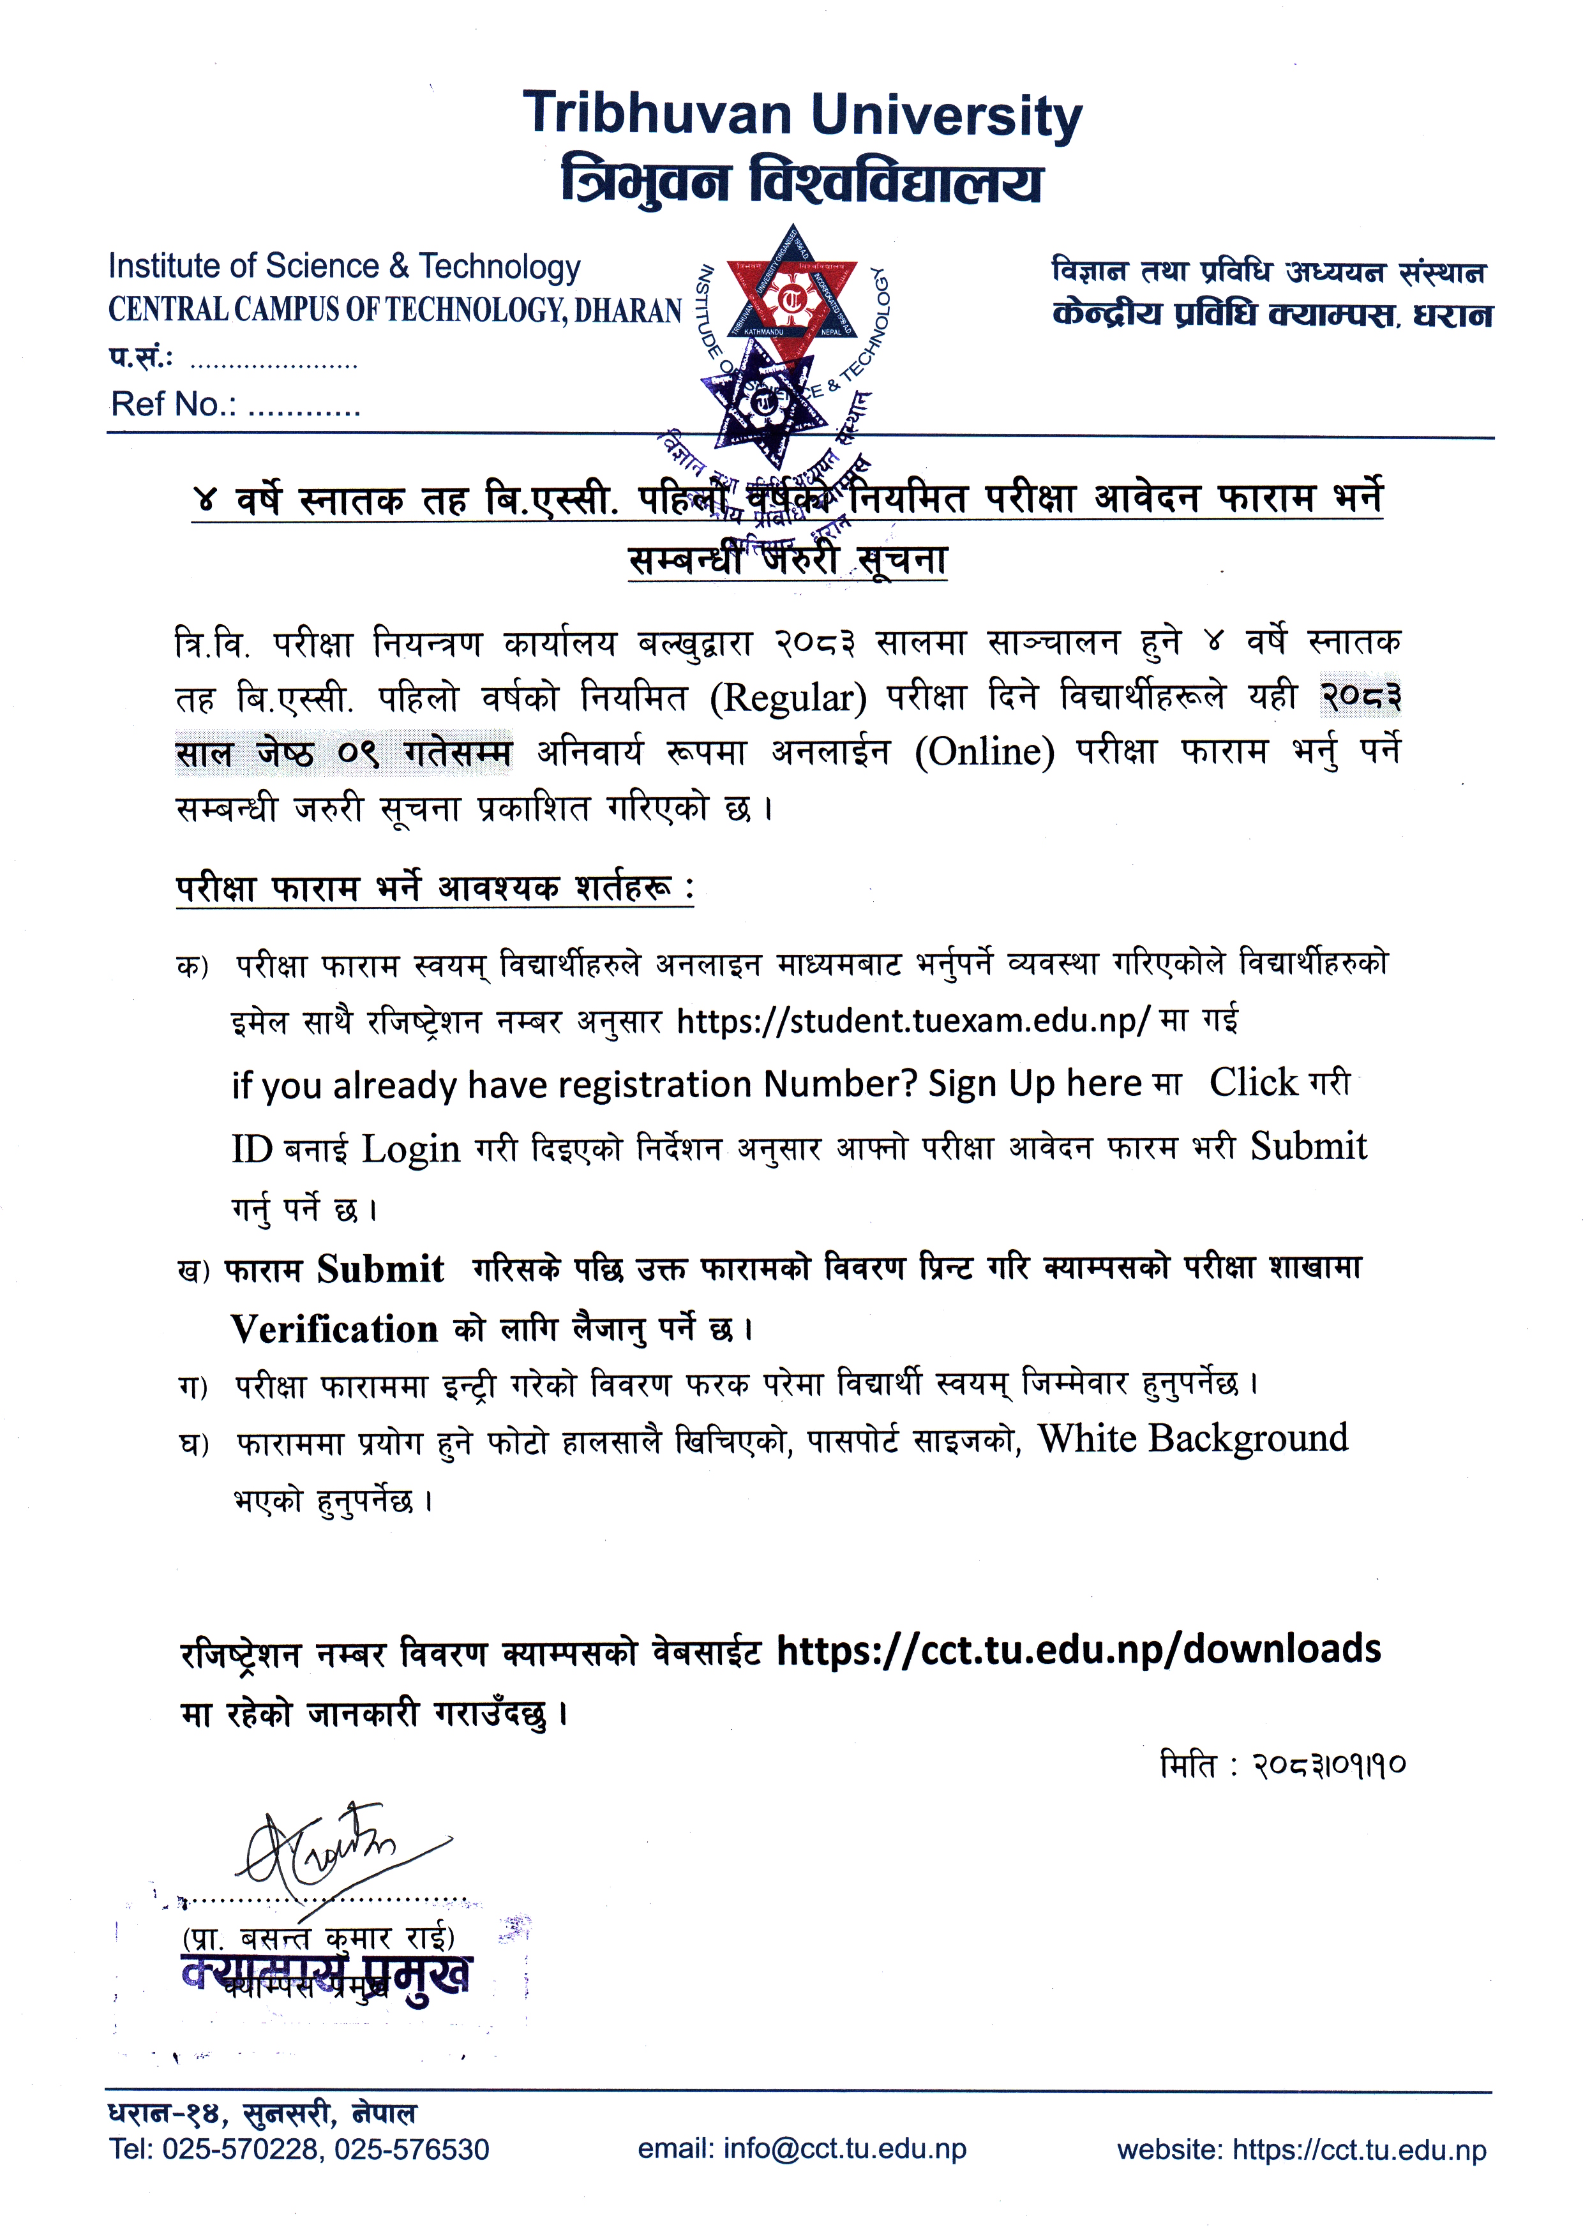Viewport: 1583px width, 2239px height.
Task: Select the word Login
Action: pos(410,1149)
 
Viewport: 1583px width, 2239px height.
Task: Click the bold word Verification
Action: pos(334,1329)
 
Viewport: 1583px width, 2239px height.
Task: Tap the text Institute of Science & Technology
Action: pos(344,266)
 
